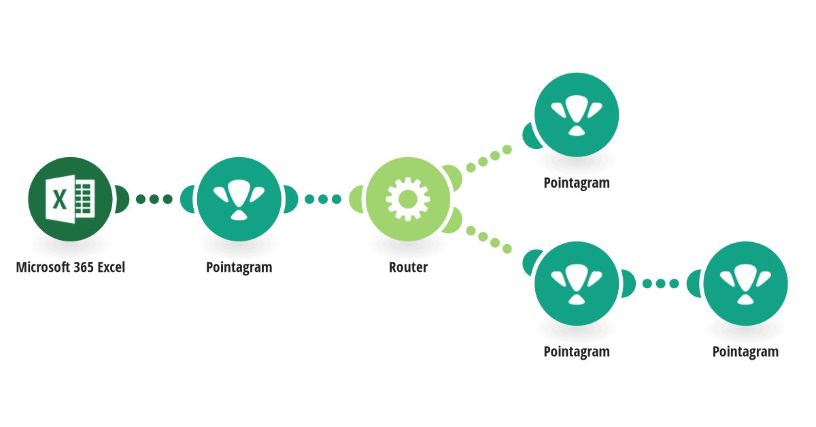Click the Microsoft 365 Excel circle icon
[x=70, y=199]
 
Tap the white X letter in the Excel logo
[x=60, y=199]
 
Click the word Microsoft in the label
[x=43, y=267]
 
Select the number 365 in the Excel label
[x=84, y=267]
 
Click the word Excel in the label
[x=111, y=267]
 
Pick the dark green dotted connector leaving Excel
[x=154, y=199]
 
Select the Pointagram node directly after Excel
[x=239, y=199]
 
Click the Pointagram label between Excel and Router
[x=239, y=267]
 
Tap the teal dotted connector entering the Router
[x=323, y=199]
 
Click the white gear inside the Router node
[x=408, y=199]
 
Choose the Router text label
[x=408, y=267]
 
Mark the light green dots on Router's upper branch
[x=489, y=158]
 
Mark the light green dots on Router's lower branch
[x=489, y=239]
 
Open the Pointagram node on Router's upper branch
[x=577, y=115]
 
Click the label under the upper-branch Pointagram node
[x=577, y=183]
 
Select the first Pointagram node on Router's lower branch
[x=577, y=284]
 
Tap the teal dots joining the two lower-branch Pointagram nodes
[x=660, y=284]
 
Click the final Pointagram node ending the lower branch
[x=745, y=284]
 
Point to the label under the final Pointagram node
[x=745, y=352]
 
